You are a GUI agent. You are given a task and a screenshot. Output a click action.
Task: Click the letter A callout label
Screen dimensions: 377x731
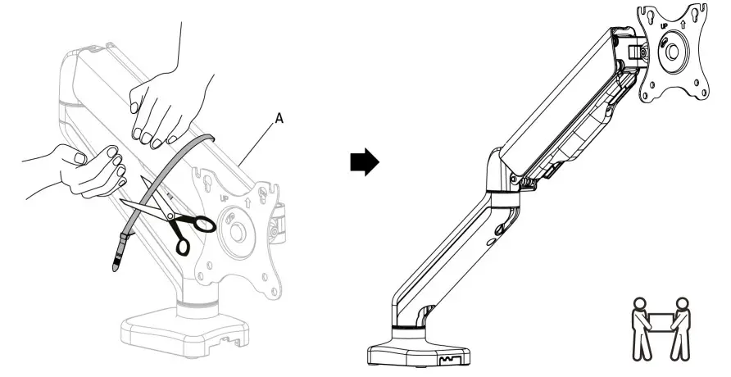pos(279,120)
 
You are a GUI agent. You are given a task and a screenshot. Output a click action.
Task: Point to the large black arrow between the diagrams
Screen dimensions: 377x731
pos(365,163)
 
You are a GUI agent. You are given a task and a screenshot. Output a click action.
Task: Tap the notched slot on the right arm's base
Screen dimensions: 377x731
pos(446,358)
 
